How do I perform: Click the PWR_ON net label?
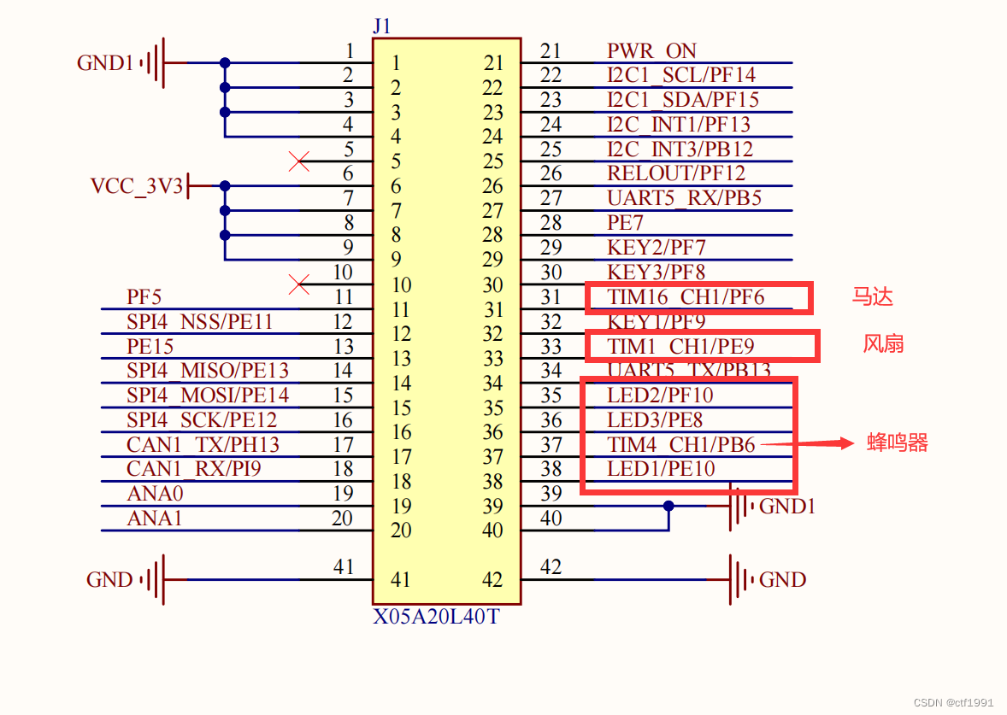[x=651, y=51]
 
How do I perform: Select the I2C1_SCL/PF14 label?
[x=681, y=75]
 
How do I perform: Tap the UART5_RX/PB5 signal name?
[x=684, y=198]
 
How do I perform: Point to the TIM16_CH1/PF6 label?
[x=686, y=297]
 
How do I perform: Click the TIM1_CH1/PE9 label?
[x=680, y=346]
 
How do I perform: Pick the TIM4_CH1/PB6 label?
[x=681, y=444]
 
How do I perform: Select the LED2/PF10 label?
[x=660, y=396]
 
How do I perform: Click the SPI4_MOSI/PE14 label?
[x=208, y=396]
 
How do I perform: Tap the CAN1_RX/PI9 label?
[x=194, y=469]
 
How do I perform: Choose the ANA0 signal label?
[x=155, y=494]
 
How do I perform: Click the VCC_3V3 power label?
[x=137, y=186]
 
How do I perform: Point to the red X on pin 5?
[x=299, y=161]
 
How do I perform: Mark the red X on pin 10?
[x=299, y=284]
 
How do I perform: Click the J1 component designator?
[x=381, y=26]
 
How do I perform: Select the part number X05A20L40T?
[x=436, y=616]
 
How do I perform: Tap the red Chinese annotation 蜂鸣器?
[x=898, y=442]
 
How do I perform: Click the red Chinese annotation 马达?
[x=873, y=297]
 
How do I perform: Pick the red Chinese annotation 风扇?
[x=883, y=344]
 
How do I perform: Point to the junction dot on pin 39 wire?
[x=668, y=506]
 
